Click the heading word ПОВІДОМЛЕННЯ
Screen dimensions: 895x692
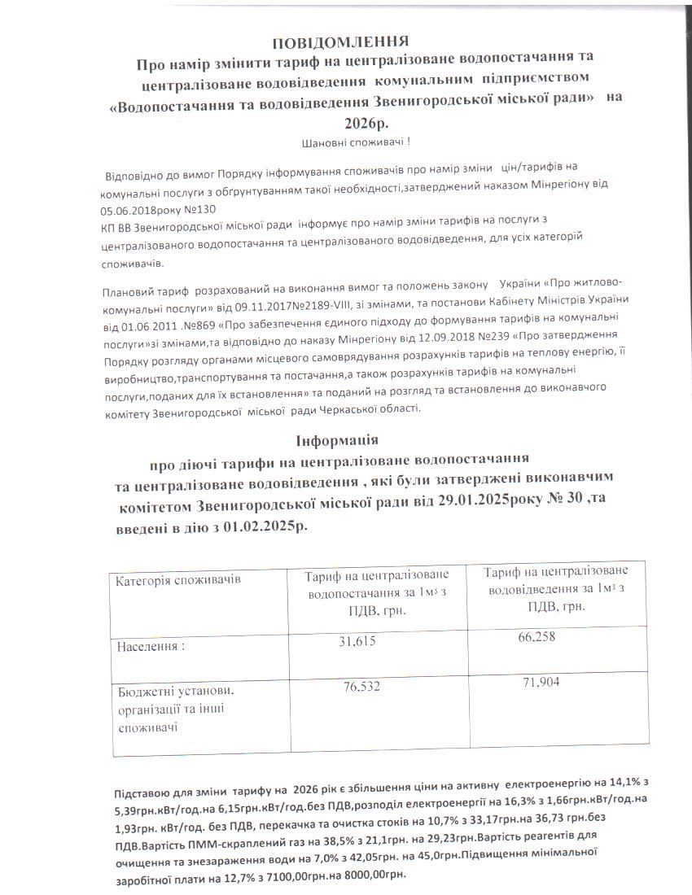tap(340, 41)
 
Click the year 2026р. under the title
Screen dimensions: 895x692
tap(367, 122)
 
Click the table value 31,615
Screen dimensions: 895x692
tap(357, 642)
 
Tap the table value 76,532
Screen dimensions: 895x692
tap(361, 687)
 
